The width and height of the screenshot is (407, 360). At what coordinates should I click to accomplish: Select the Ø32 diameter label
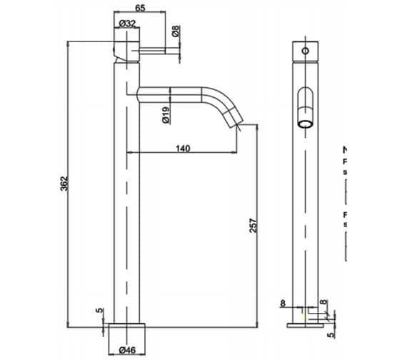[129, 24]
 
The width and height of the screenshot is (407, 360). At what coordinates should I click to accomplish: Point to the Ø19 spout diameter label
[165, 115]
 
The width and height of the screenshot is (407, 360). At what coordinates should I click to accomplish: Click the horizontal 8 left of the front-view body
[283, 304]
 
